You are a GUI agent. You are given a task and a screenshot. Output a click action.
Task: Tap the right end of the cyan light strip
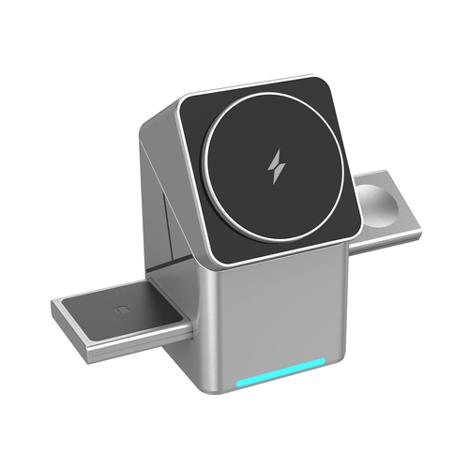325,365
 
